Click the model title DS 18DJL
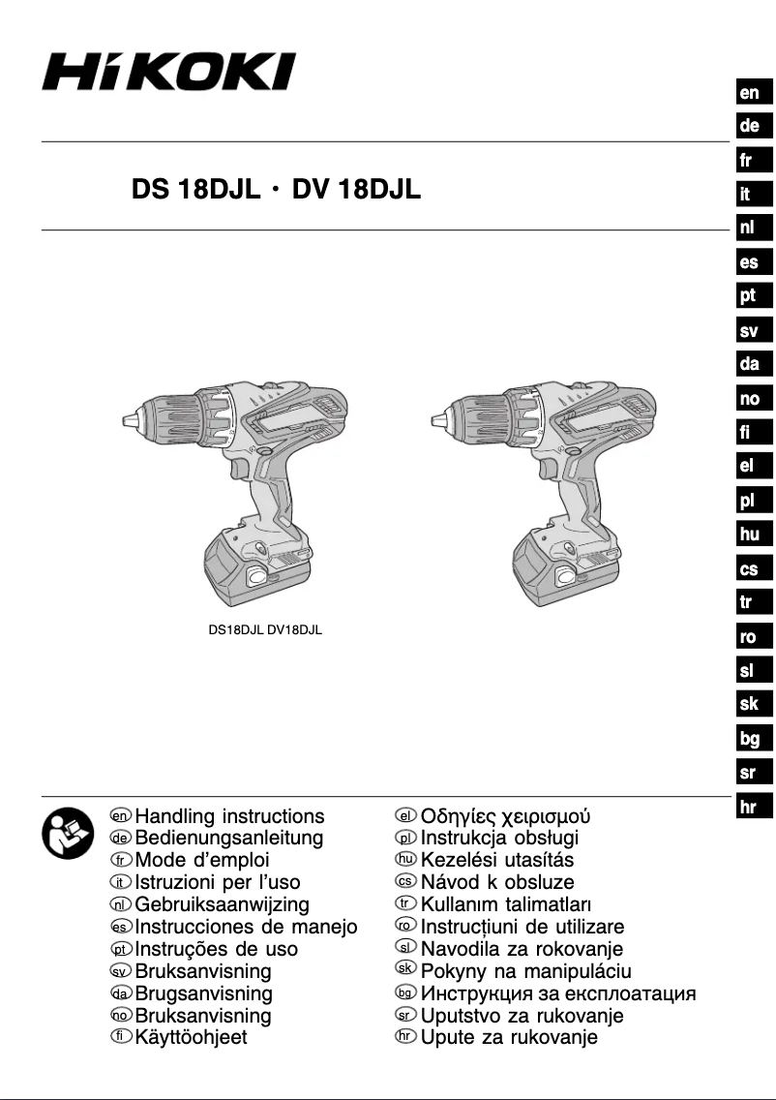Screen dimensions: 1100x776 point(194,191)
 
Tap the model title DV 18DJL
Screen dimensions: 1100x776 point(355,191)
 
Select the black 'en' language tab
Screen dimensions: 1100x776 point(749,93)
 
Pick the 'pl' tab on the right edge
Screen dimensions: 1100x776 point(747,501)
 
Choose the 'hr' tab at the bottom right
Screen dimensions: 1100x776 point(747,807)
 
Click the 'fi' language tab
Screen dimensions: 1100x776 point(746,433)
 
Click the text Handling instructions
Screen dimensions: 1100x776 point(229,816)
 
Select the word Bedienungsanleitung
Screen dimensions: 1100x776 point(229,839)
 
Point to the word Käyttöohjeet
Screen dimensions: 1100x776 point(191,1038)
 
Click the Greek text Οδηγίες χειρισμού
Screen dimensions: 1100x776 point(506,816)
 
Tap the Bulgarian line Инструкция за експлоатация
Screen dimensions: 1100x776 point(558,993)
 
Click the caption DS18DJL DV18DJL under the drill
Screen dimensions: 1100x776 point(265,630)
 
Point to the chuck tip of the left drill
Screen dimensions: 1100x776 point(127,420)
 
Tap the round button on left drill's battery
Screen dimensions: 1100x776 point(257,578)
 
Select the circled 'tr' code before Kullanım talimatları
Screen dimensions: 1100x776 point(406,904)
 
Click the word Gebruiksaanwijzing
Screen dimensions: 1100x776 point(223,904)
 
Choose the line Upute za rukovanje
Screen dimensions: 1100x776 point(509,1038)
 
